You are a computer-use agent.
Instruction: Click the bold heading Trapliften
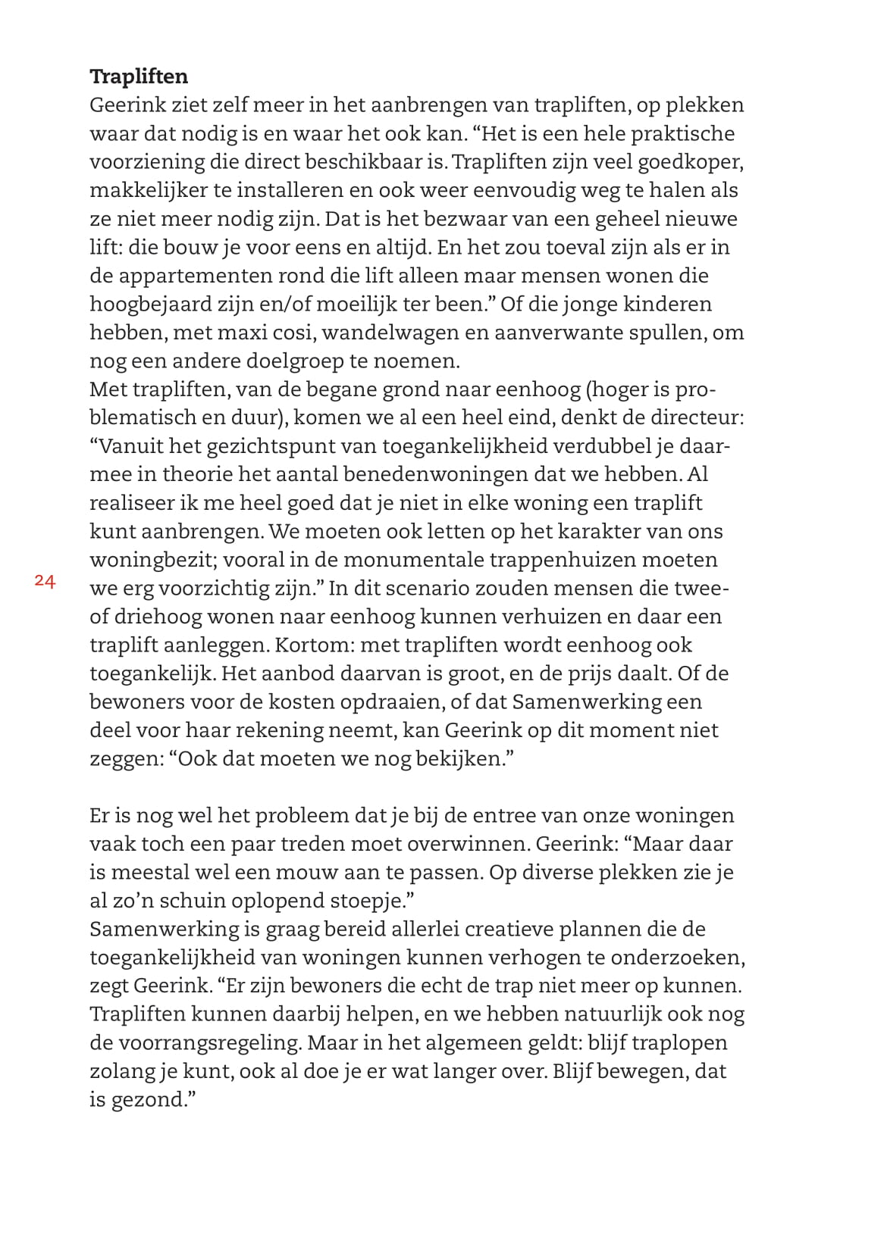(139, 77)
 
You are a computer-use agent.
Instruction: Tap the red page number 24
(45, 581)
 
